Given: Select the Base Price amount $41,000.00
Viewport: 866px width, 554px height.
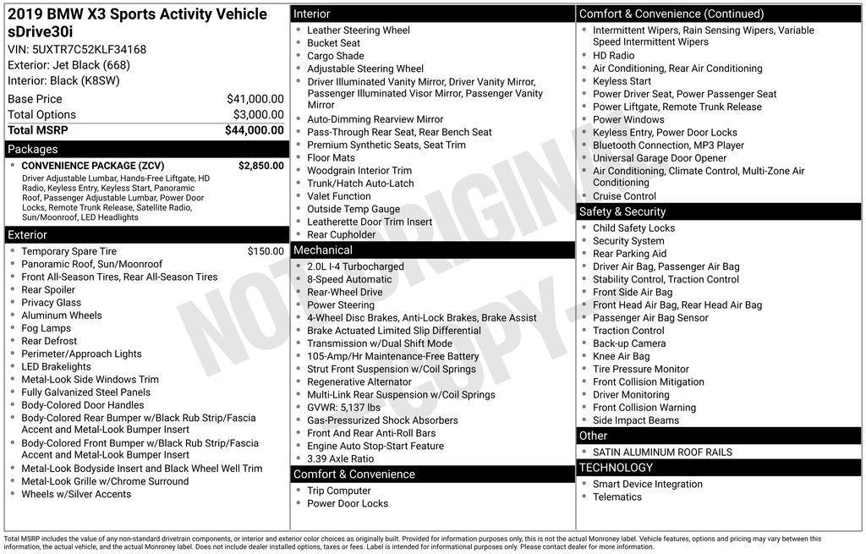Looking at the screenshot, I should [255, 99].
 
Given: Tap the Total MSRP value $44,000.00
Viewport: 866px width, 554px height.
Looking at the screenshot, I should [254, 130].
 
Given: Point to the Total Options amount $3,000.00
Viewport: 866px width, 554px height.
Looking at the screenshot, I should [258, 114].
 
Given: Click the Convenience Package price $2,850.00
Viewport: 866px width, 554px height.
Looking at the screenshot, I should [260, 166].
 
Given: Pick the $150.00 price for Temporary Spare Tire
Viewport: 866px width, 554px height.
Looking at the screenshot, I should [266, 251].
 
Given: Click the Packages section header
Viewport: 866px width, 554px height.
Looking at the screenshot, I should [33, 150].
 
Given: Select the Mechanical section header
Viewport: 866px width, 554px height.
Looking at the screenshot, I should [323, 250].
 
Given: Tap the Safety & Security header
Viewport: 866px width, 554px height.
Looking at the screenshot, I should [622, 211].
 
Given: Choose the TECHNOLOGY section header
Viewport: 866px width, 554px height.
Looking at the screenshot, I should [616, 468].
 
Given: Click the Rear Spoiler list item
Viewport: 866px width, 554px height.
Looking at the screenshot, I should [48, 289].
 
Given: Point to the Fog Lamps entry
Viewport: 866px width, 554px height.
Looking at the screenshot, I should [47, 328].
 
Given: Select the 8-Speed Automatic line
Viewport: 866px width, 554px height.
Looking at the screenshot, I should [349, 279].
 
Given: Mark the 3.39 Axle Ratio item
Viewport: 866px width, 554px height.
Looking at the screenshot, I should [340, 458].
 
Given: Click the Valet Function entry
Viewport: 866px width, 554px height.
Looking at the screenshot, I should [339, 196].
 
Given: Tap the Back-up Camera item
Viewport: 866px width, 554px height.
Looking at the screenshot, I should [629, 343].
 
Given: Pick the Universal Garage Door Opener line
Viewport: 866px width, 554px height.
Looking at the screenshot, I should [660, 158].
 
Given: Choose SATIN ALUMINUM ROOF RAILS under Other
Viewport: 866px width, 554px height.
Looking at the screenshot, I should [662, 452].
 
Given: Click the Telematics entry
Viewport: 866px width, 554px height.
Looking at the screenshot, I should [617, 496].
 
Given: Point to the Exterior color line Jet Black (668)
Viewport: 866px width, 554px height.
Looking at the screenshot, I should [69, 65].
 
